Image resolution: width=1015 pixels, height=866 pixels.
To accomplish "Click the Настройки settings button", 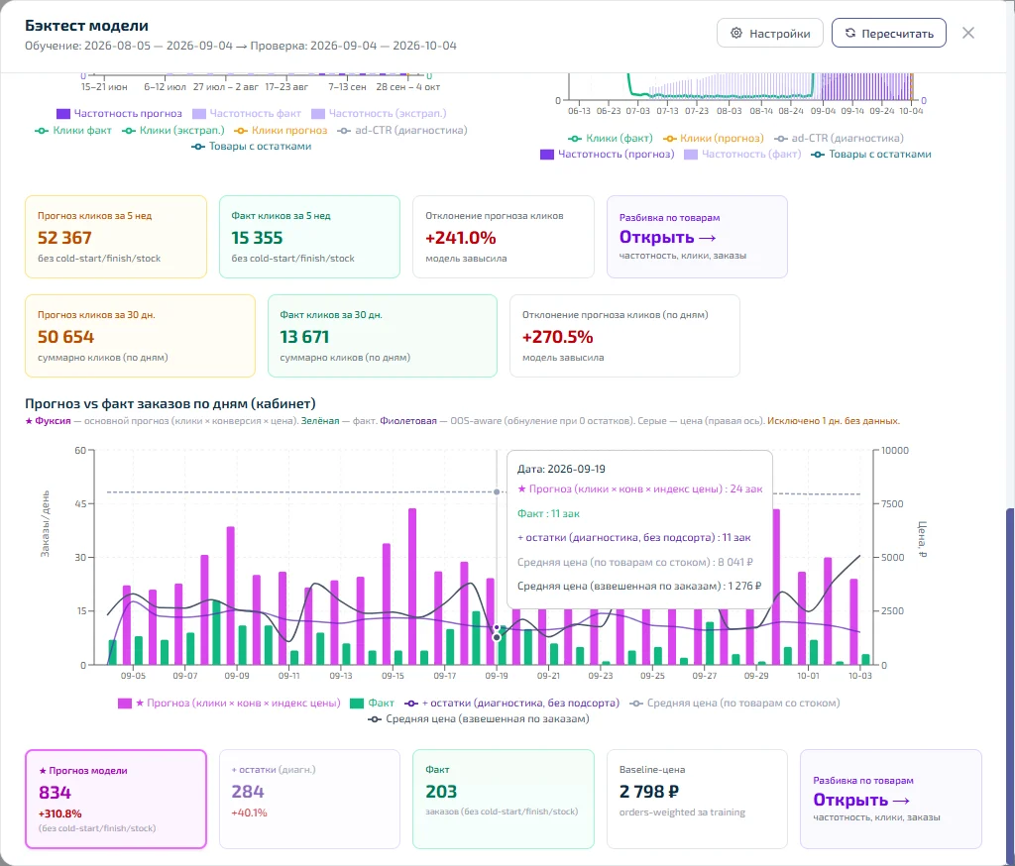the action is pyautogui.click(x=769, y=33).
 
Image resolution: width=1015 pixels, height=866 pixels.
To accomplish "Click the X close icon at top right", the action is pyautogui.click(x=967, y=33).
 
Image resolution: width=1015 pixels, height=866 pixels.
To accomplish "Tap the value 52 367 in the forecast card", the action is pyautogui.click(x=64, y=238).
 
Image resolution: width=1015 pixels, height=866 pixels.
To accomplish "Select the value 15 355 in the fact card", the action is pyautogui.click(x=257, y=238).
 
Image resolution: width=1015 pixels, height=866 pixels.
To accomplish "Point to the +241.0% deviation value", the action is pyautogui.click(x=460, y=238).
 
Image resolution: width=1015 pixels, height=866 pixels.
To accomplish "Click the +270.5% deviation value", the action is pyautogui.click(x=557, y=337).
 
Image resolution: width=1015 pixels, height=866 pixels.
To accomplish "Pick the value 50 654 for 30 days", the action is pyautogui.click(x=66, y=337).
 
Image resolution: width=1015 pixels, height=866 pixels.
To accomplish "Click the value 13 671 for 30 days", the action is pyautogui.click(x=304, y=337).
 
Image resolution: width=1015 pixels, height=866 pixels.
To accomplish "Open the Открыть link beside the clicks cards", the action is pyautogui.click(x=667, y=237).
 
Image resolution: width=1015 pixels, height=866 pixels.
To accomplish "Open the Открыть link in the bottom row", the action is pyautogui.click(x=861, y=800).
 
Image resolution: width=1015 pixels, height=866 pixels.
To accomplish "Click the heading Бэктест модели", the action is pyautogui.click(x=87, y=25).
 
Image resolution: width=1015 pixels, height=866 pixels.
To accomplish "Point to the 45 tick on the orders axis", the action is pyautogui.click(x=80, y=503).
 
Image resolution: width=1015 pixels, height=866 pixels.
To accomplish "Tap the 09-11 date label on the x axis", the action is pyautogui.click(x=288, y=675).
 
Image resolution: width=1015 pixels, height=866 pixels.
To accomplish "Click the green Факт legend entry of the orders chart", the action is pyautogui.click(x=373, y=703).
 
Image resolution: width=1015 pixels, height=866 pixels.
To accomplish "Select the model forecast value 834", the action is pyautogui.click(x=56, y=793).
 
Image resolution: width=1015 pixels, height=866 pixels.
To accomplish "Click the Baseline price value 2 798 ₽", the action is pyautogui.click(x=648, y=792).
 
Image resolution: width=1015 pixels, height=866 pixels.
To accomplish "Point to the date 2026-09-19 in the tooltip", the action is pyautogui.click(x=576, y=469).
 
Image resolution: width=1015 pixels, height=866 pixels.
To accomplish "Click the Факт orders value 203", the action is pyautogui.click(x=441, y=792).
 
